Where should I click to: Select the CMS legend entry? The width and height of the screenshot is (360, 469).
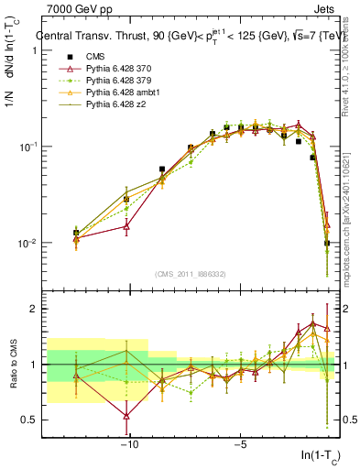tap(95, 58)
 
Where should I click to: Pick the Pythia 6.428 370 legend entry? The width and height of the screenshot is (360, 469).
tap(119, 70)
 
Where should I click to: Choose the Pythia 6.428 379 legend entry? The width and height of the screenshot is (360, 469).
tap(119, 82)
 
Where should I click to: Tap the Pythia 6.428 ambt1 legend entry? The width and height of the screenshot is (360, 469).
tap(122, 93)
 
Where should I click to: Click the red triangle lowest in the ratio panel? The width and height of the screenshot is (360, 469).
tap(126, 416)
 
